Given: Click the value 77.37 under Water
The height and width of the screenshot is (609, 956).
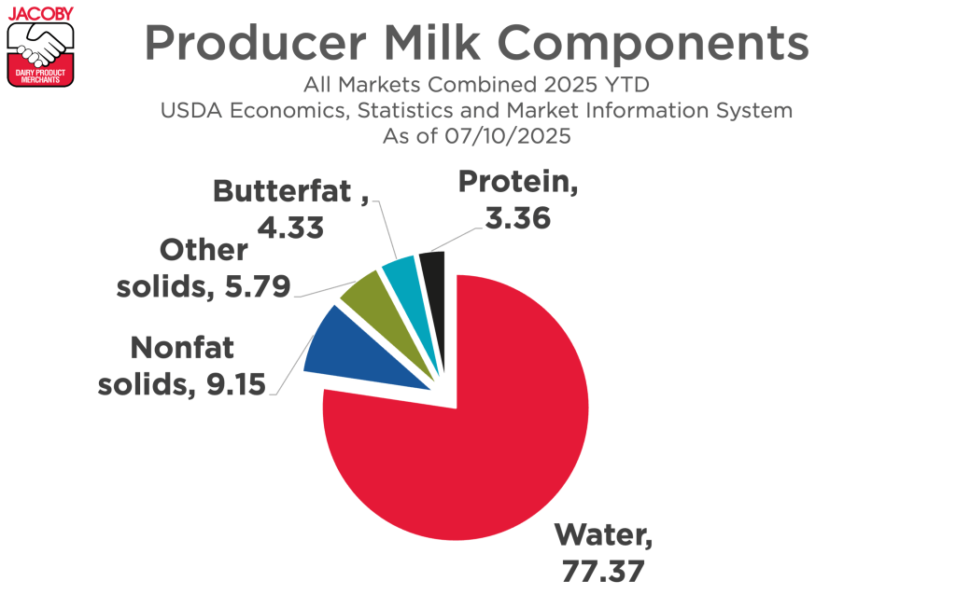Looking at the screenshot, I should click(x=602, y=571).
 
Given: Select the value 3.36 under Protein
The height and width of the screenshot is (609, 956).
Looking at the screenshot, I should click(x=517, y=219).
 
